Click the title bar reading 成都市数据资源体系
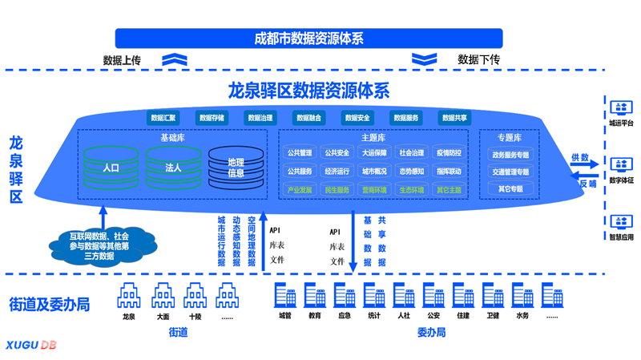pos(308,38)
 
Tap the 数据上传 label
pos(123,59)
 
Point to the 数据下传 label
pos(478,59)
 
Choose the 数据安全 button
pos(357,118)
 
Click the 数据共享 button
pos(455,118)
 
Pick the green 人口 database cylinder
pos(111,168)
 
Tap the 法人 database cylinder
pos(173,168)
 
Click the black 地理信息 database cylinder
pos(236,168)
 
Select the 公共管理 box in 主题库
pos(300,152)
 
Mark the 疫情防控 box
pos(449,152)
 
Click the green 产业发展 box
pos(300,190)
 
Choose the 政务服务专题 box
pos(510,155)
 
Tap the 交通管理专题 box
pos(510,172)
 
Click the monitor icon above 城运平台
pos(621,107)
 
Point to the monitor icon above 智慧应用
pos(621,221)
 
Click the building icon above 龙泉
pos(128,297)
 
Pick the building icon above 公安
pos(433,296)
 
